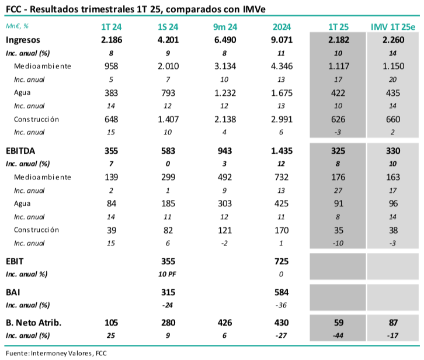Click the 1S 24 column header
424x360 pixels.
[168, 27]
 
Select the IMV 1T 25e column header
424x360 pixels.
[393, 27]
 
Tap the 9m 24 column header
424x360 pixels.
[225, 27]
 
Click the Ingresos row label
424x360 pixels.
[24, 40]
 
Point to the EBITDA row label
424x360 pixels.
[22, 150]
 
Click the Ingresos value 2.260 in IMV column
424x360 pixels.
[393, 40]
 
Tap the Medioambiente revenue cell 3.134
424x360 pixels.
[225, 66]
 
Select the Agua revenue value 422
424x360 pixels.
[338, 93]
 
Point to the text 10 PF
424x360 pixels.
[168, 274]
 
